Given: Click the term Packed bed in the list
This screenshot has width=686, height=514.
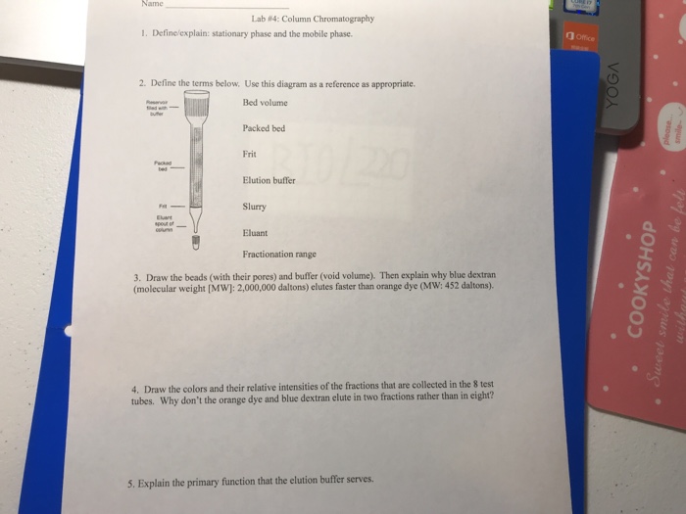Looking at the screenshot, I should click(x=264, y=128).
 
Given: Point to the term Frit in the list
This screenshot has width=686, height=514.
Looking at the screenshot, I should click(x=250, y=154).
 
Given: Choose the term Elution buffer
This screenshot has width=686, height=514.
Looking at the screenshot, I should click(x=269, y=179).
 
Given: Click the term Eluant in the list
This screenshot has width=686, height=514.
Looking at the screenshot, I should click(x=257, y=232).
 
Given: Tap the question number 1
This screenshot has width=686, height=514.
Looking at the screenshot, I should click(x=143, y=33).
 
